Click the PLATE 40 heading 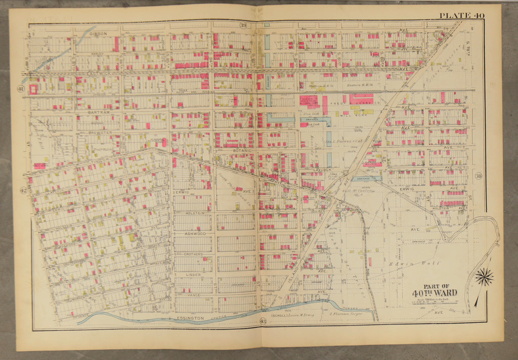[461, 15]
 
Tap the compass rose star [484, 277]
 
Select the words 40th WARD [434, 293]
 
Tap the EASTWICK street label [97, 73]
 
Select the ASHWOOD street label [195, 234]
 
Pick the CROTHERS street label [193, 254]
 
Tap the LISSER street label [194, 275]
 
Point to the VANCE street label [194, 295]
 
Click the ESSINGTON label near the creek [191, 319]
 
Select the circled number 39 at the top [243, 25]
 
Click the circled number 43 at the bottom [263, 321]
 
